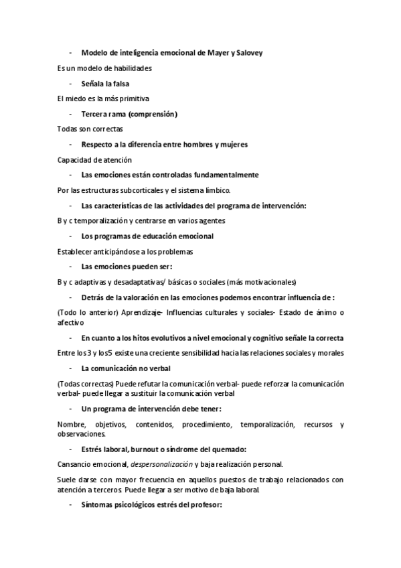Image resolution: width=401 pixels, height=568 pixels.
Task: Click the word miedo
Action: [74, 98]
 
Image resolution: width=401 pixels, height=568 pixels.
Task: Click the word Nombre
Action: [71, 425]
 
